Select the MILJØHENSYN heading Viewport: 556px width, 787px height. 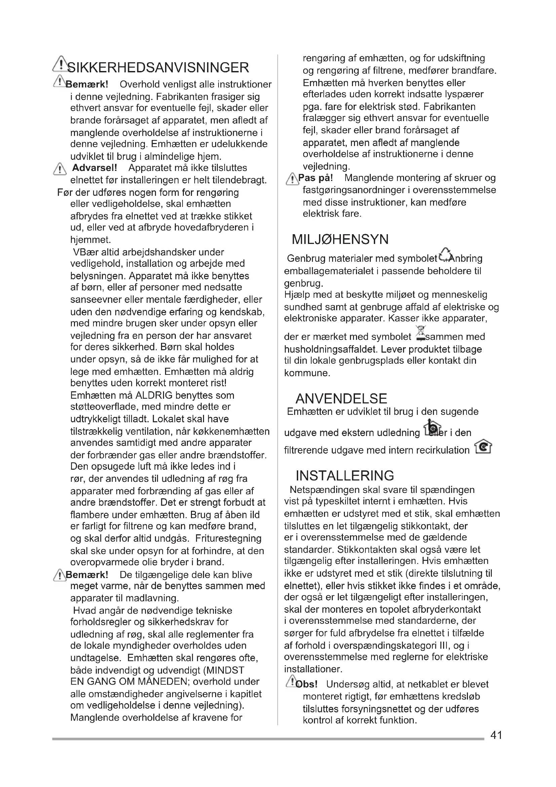(x=340, y=239)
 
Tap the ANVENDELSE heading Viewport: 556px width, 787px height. (x=341, y=399)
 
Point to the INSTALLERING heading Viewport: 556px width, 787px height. (x=345, y=476)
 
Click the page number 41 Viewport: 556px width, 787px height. (x=496, y=735)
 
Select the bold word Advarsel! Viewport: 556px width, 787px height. (x=94, y=168)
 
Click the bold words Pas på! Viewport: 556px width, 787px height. (x=315, y=178)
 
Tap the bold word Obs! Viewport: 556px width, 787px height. (x=307, y=684)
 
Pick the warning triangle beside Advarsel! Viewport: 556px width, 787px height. (x=60, y=169)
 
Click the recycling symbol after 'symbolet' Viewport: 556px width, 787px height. (x=445, y=254)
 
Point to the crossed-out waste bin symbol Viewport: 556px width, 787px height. (x=421, y=333)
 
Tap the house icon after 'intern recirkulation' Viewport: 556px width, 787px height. (x=483, y=446)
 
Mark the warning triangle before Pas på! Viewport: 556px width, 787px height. (x=292, y=179)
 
